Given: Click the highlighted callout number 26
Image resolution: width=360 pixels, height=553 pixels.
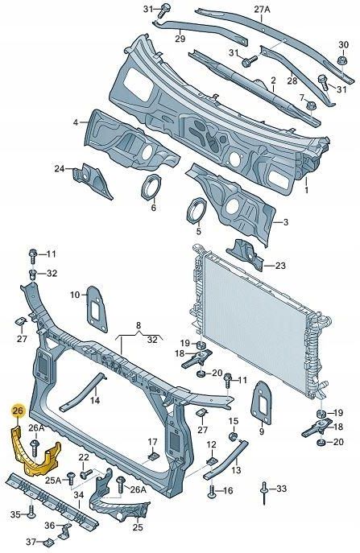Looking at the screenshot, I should tap(17, 411).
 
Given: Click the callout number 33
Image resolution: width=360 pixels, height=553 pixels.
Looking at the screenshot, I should tap(280, 489).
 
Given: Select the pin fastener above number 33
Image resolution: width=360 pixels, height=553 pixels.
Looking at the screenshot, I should tap(264, 488).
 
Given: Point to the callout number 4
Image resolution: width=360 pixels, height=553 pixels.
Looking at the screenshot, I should tap(75, 122).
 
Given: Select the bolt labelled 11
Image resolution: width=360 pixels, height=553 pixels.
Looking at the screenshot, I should tap(33, 257).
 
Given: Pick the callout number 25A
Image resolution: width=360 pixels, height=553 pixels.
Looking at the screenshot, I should tap(52, 480).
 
